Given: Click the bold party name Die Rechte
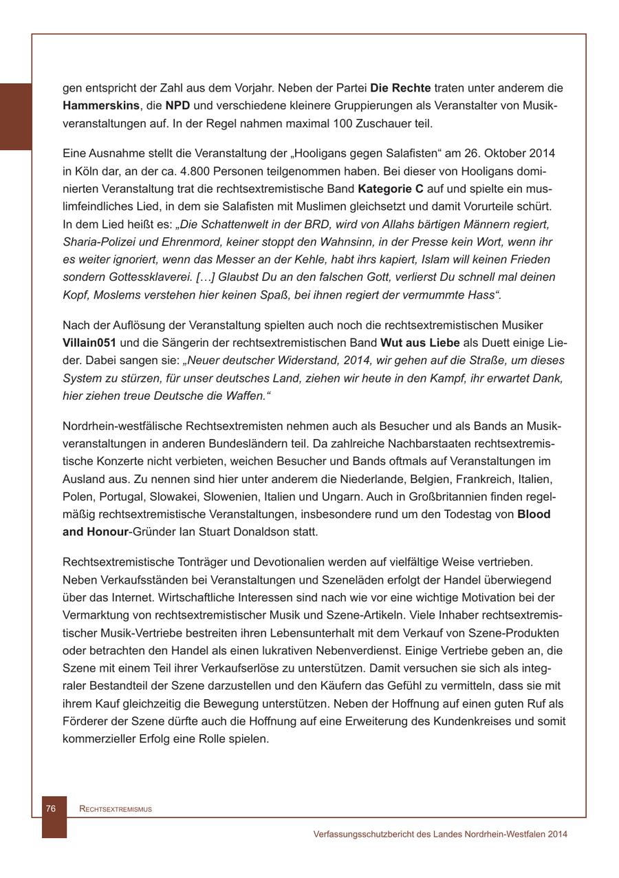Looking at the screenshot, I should click(400, 88).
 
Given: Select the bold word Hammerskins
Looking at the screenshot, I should click(101, 106).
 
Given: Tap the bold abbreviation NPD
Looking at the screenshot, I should click(177, 106).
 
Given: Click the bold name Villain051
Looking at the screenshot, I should click(89, 343).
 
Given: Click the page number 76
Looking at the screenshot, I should click(50, 809).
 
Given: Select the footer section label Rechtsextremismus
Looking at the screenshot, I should click(116, 809).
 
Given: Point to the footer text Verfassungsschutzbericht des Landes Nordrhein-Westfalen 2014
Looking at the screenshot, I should click(440, 834).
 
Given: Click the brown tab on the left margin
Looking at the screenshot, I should click(16, 116).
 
